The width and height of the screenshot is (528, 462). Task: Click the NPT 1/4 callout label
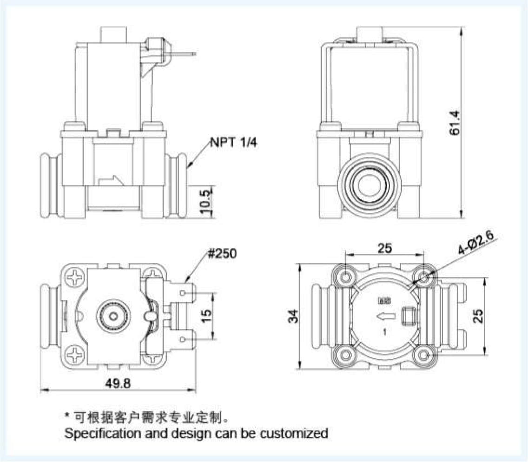click(233, 142)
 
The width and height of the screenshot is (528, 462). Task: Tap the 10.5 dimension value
click(206, 201)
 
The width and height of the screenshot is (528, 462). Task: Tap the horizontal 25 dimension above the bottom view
click(384, 248)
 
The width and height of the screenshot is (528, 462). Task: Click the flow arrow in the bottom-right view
click(386, 317)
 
